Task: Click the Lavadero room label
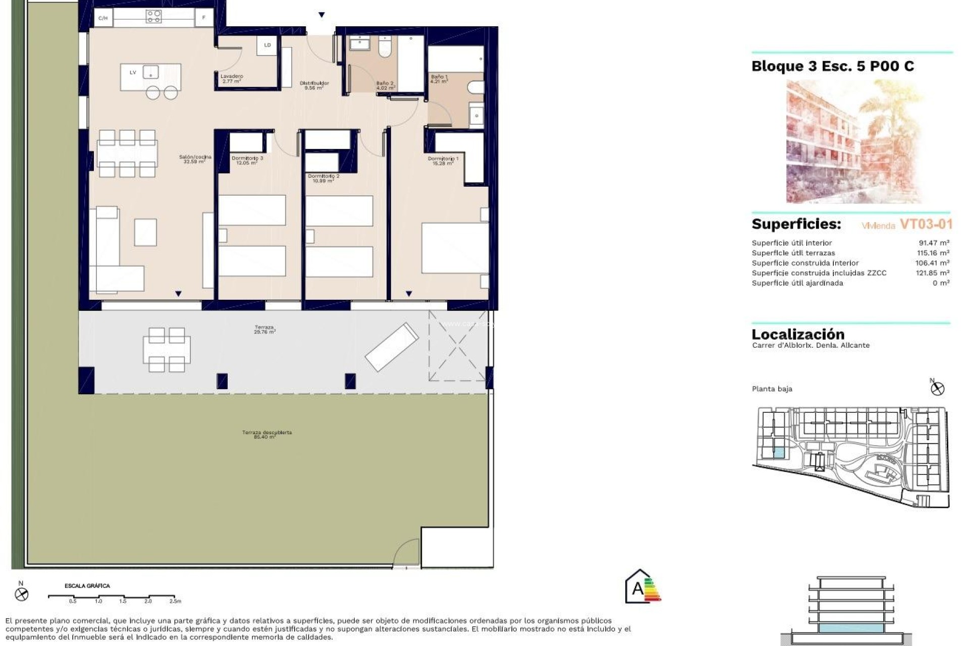pos(232,79)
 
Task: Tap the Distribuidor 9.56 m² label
pos(314,85)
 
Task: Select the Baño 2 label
pos(385,85)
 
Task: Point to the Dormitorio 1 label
pos(443,161)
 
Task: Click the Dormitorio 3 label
pos(247,160)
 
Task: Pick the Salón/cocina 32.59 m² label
pos(195,159)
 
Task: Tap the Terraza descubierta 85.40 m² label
pos(266,435)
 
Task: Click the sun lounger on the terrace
pos(392,347)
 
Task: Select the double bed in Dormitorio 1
pos(455,248)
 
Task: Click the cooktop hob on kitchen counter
pos(153,17)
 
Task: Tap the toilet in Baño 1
pos(476,88)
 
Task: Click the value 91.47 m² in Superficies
pos(934,243)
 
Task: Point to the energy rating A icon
pos(642,587)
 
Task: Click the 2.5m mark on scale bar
pos(175,601)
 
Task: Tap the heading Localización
pos(798,334)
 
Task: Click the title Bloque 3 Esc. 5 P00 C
pos(833,66)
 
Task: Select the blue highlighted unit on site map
pos(779,453)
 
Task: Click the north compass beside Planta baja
pos(937,388)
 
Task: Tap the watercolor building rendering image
pos(854,141)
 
